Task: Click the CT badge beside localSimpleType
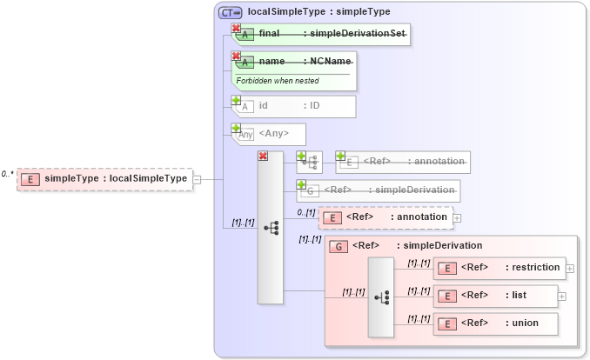point(231,12)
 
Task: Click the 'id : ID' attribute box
point(293,106)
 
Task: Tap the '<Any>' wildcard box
point(270,133)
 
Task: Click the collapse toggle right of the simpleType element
point(198,179)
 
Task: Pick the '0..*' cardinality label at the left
point(8,174)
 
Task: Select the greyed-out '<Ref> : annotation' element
point(403,161)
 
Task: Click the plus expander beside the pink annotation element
point(457,217)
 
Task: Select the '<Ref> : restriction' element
point(499,268)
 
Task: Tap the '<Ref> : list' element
point(496,296)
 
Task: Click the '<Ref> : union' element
point(496,323)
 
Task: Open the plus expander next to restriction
point(570,269)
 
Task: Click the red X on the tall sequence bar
point(263,157)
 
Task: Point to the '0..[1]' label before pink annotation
point(305,211)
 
